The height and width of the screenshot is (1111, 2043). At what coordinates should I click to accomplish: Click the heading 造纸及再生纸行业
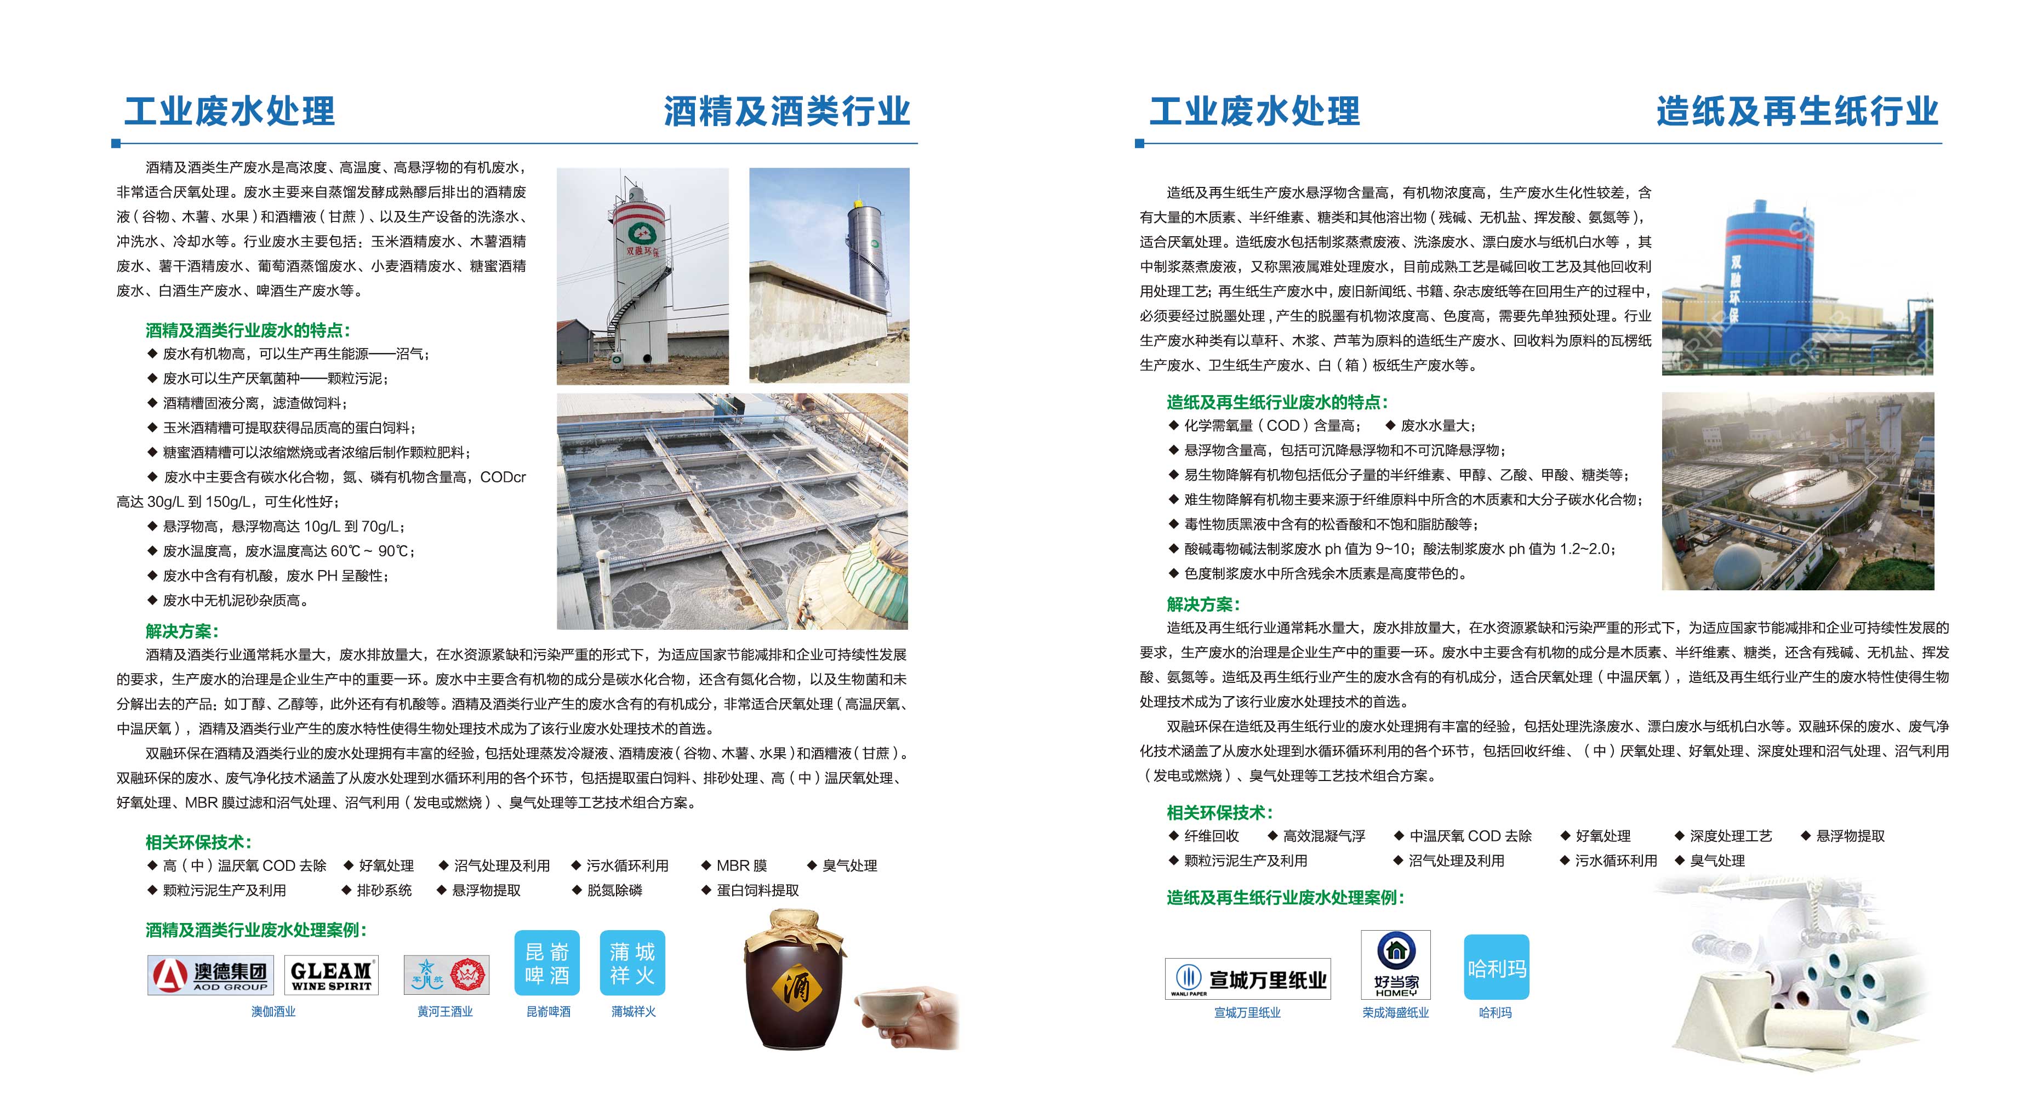1796,111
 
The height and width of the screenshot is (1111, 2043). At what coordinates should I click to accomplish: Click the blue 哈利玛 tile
1496,967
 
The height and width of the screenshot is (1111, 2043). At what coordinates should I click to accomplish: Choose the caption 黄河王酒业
445,1012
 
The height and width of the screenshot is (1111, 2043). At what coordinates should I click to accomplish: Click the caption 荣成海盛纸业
1395,1013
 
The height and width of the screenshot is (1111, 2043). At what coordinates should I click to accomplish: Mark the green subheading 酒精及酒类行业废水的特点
248,330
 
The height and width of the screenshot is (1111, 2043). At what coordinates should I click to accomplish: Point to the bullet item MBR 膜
741,866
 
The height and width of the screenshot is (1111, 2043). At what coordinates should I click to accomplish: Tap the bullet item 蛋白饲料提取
757,891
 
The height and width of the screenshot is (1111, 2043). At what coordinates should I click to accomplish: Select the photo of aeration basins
732,511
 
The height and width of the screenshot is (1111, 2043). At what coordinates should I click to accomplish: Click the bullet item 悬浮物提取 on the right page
1850,836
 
